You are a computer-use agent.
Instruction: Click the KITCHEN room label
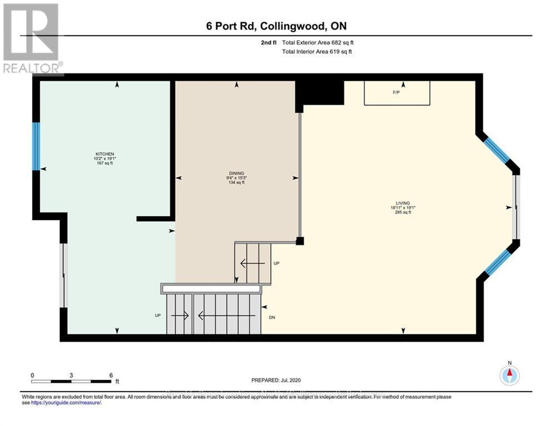tap(105, 154)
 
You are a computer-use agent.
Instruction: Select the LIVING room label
tap(403, 203)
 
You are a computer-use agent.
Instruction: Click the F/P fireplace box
tap(397, 93)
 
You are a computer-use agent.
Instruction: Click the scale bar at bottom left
tap(71, 381)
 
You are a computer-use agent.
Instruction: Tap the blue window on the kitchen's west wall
tap(36, 146)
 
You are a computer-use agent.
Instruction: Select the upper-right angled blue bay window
tap(497, 150)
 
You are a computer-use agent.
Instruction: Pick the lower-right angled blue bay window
tap(498, 262)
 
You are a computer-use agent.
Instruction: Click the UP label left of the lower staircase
tap(158, 315)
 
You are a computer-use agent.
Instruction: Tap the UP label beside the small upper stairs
tap(277, 263)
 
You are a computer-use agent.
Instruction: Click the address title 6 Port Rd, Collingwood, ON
tap(276, 26)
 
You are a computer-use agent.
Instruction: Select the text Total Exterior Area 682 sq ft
tap(317, 42)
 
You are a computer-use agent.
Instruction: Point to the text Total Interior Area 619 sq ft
tap(317, 52)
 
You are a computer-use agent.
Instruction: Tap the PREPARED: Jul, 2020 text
tap(276, 381)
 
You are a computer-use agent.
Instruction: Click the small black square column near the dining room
tap(300, 241)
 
